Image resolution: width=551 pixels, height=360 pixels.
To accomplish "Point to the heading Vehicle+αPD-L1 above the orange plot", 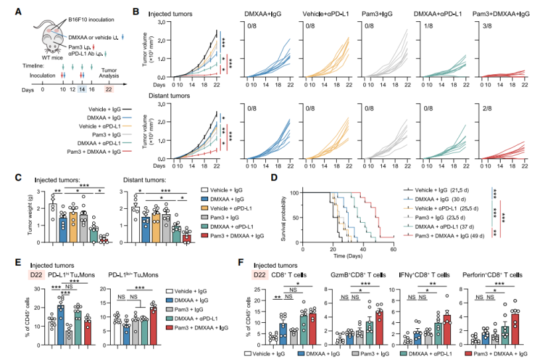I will (x=328, y=13).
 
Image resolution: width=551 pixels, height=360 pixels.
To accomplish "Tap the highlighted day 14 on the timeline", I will (x=82, y=90).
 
